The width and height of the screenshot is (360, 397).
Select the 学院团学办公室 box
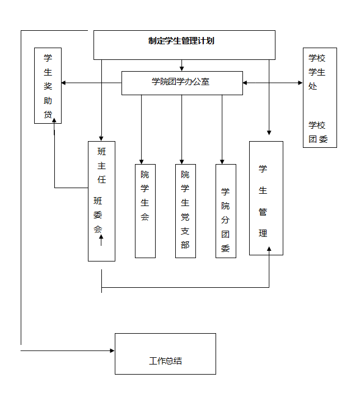182,83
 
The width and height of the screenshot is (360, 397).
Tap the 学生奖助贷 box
48,86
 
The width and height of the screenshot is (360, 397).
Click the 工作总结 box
165,354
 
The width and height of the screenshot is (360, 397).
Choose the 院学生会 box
145,211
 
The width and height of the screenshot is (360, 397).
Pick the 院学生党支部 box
185,211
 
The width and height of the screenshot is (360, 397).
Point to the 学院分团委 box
226,211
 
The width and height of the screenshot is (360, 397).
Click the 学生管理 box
266,198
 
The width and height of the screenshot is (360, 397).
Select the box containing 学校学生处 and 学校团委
320,98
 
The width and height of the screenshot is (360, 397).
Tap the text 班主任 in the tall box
101,166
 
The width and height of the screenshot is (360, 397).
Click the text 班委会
99,214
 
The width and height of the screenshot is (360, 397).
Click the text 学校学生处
316,72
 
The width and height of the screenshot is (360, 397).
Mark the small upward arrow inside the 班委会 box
101,240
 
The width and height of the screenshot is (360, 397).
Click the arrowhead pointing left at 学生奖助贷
64,83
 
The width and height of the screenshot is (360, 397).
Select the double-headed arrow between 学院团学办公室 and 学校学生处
273,83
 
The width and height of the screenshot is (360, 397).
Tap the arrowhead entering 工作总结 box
112,351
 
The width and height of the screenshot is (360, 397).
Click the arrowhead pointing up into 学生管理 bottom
269,251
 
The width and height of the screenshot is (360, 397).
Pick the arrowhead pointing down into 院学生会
141,161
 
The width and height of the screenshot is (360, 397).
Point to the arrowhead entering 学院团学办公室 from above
182,68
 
